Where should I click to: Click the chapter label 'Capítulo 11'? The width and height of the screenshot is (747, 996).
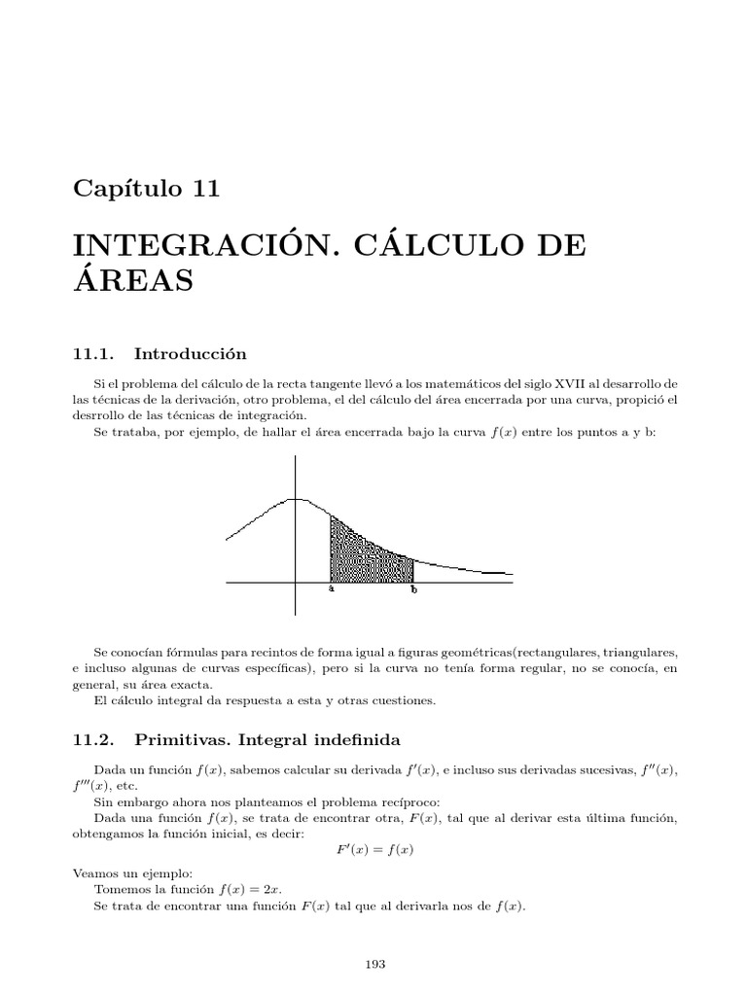[147, 189]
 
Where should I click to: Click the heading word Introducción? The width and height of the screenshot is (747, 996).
[191, 353]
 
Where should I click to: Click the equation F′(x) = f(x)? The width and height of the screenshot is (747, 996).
[375, 849]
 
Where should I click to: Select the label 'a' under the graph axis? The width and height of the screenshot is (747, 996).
[332, 589]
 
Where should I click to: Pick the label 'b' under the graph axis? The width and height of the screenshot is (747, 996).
[414, 589]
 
